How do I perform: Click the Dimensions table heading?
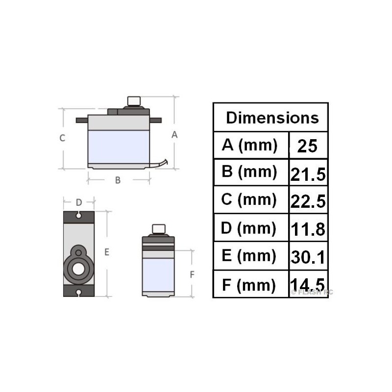point(272,118)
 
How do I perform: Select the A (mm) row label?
point(250,145)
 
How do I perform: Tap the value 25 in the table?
point(308,146)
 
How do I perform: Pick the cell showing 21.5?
point(308,173)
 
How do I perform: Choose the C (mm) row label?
point(250,200)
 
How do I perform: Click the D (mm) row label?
point(250,228)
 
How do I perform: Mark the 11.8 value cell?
point(308,229)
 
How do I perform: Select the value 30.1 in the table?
point(308,257)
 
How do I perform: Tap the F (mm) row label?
point(250,285)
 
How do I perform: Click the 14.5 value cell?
point(308,285)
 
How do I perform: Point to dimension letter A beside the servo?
point(174,135)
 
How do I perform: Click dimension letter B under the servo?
point(118,180)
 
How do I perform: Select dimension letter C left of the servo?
point(62,138)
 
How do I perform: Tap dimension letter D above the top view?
point(78,202)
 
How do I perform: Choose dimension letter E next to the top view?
point(106,253)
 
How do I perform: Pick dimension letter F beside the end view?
point(192,274)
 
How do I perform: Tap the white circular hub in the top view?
point(78,268)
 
